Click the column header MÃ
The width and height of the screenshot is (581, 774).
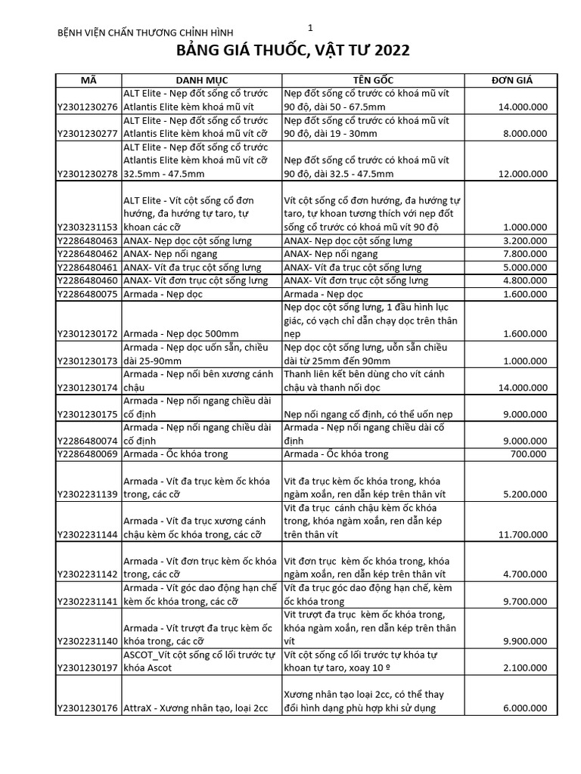pos(88,80)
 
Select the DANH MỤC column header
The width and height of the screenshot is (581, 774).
pos(202,80)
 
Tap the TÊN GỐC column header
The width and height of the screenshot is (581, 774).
pos(373,80)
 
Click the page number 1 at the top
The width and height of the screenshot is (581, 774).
pos(310,28)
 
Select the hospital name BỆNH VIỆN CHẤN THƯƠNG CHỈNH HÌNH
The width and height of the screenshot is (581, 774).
pos(146,33)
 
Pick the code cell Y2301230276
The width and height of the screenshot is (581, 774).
pos(88,107)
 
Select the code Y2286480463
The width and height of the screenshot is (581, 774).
pos(88,240)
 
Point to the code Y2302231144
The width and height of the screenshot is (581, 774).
pos(88,534)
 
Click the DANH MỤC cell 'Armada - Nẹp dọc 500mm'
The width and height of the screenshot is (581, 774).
pos(181,333)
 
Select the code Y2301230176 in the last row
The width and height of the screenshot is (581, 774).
pos(88,708)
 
